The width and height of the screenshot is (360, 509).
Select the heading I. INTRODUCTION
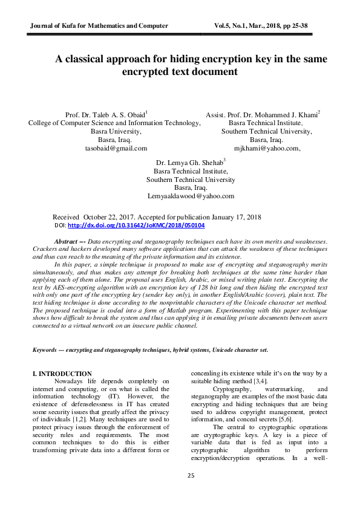pyautogui.click(x=62, y=374)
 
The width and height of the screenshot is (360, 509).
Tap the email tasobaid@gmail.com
pyautogui.click(x=116, y=148)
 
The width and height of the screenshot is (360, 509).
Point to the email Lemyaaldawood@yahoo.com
pyautogui.click(x=191, y=196)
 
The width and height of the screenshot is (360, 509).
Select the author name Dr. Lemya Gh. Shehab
pyautogui.click(x=190, y=163)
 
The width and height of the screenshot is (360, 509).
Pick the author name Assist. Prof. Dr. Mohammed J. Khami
pyautogui.click(x=262, y=114)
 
